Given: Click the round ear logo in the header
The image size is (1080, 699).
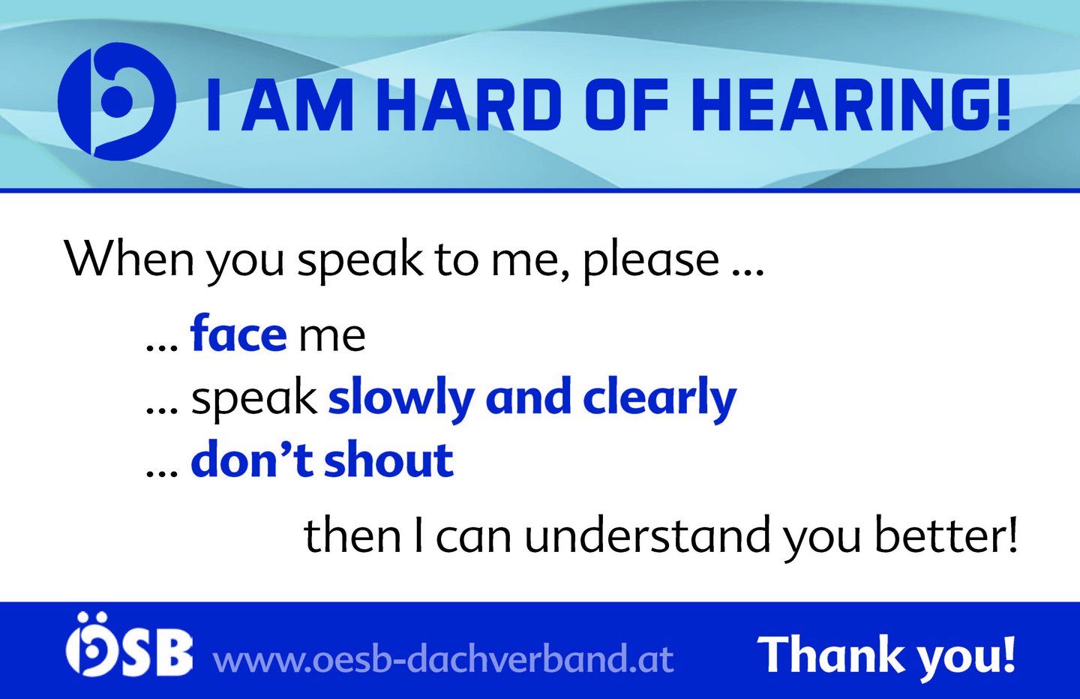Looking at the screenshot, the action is [117, 101].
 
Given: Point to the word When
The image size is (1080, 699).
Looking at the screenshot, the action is [129, 259].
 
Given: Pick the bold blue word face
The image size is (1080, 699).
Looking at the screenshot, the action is [238, 333].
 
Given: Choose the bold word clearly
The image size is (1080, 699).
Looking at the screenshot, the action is [659, 400].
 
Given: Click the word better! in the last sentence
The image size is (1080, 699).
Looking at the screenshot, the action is [946, 535].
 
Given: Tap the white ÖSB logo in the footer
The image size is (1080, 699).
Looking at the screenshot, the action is [129, 644].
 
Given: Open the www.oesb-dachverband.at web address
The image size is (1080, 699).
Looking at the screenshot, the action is [443, 658].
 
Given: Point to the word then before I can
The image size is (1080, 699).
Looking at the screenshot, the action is [352, 535].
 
